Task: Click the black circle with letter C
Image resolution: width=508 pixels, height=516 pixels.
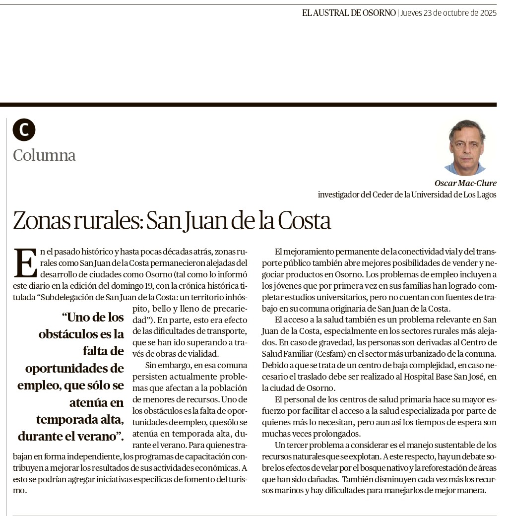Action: (x=24, y=130)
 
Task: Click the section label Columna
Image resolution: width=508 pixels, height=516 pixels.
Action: (x=44, y=155)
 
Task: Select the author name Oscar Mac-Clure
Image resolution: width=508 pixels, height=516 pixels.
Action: (x=465, y=183)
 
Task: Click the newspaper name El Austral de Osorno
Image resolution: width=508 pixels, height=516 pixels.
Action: (x=349, y=13)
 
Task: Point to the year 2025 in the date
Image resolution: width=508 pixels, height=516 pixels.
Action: (x=488, y=13)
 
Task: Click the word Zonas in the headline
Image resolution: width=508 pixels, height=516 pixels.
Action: (x=39, y=221)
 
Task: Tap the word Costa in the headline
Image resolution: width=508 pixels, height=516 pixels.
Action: (x=304, y=221)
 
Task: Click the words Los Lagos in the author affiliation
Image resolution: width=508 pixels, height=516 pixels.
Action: (x=480, y=195)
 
